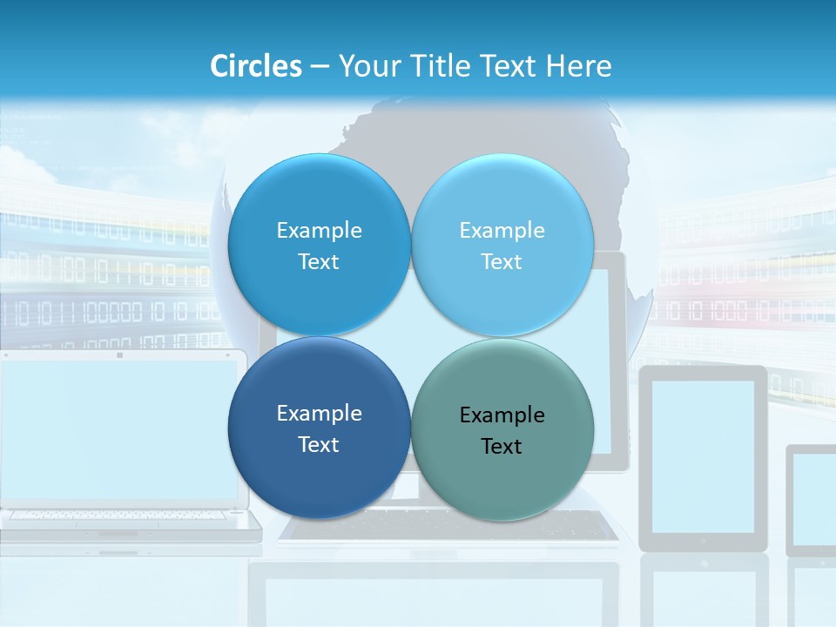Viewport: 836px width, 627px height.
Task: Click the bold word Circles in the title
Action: coord(256,66)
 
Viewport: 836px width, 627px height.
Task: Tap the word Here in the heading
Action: coord(579,66)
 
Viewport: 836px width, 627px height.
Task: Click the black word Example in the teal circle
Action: coord(502,415)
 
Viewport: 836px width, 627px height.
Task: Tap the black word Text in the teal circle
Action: coord(502,447)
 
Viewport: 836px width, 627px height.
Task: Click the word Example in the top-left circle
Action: coord(319,231)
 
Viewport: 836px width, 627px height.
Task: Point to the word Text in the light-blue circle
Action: coord(502,262)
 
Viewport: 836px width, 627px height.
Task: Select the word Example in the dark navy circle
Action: coord(319,414)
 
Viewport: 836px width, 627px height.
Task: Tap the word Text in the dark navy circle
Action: coord(319,445)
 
